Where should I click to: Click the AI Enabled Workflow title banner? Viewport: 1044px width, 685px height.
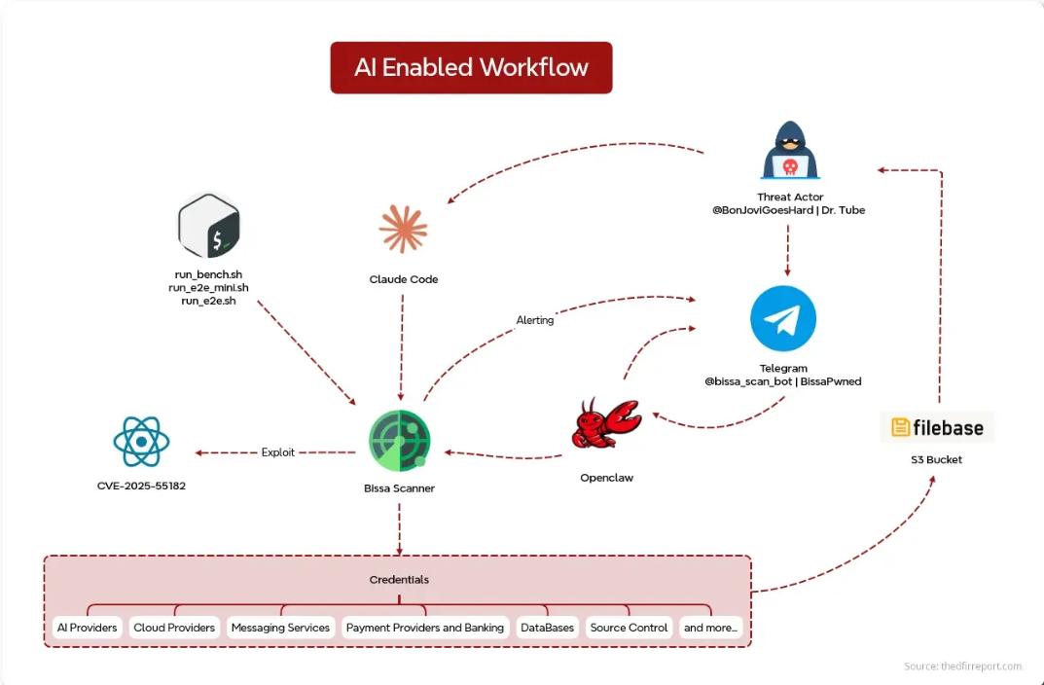pos(471,67)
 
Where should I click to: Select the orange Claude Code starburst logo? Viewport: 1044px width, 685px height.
pos(403,229)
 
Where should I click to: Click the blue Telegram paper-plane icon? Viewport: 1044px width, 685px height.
pos(783,319)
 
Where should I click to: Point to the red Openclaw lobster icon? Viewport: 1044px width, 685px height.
pos(605,424)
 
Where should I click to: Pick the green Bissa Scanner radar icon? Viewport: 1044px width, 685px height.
pos(399,441)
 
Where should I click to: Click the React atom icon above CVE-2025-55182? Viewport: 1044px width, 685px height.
pos(141,442)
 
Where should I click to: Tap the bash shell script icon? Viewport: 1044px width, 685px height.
pos(208,226)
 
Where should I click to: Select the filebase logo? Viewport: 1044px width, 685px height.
pos(938,427)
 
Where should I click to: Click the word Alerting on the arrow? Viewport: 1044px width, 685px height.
pos(535,320)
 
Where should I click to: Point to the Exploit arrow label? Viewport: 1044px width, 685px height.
pos(277,452)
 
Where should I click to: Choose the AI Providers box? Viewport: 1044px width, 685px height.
pos(87,628)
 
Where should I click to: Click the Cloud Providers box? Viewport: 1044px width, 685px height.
pos(174,628)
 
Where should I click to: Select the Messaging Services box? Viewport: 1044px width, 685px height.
pos(280,628)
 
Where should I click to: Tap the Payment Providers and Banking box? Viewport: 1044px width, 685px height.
pos(425,628)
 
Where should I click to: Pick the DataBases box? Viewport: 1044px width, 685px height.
pos(547,628)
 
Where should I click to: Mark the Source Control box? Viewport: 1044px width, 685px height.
pos(629,628)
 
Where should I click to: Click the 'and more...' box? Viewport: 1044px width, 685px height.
pos(711,628)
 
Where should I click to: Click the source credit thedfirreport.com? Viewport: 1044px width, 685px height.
pos(962,667)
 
